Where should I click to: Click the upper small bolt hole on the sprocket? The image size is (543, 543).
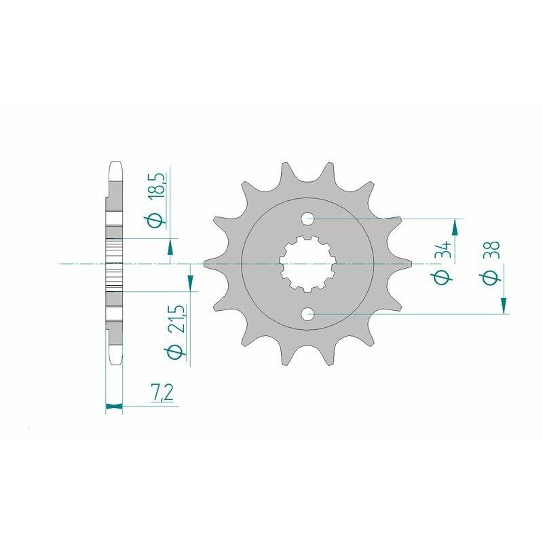[x=308, y=219]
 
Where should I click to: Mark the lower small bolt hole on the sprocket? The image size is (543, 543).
[x=308, y=314]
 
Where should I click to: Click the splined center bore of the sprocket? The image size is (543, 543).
[x=307, y=263]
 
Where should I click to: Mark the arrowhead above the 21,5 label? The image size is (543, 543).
[x=189, y=273]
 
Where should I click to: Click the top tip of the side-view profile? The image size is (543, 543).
[x=114, y=162]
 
